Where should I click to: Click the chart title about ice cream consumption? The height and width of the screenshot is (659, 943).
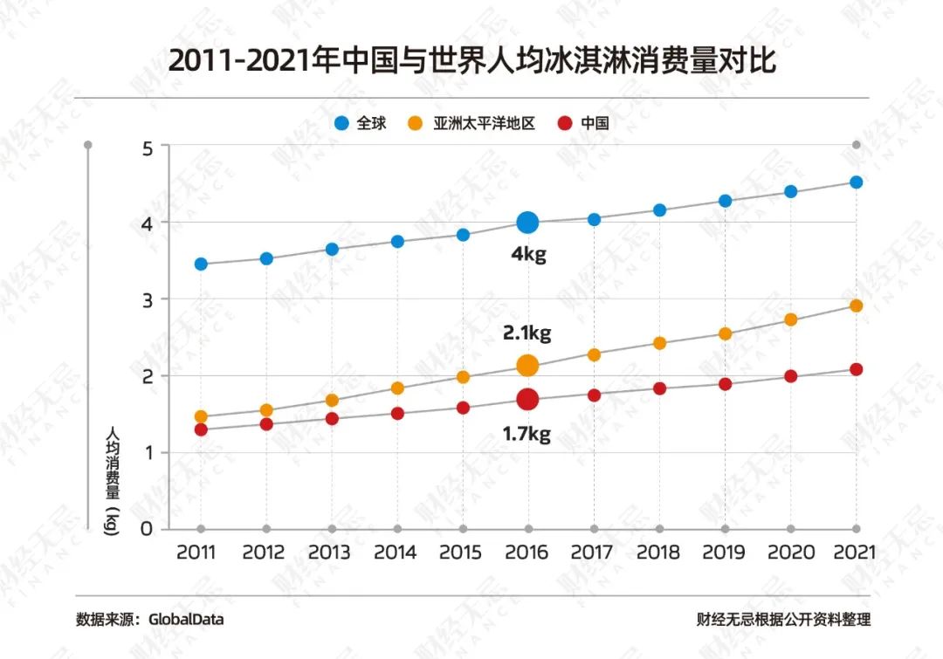(471, 63)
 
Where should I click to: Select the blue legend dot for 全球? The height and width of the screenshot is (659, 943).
(342, 124)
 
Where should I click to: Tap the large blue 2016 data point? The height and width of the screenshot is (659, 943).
(527, 223)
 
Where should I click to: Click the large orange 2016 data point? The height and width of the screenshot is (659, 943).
(527, 366)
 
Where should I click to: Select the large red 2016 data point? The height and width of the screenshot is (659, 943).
(527, 399)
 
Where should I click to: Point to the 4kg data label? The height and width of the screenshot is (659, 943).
(527, 257)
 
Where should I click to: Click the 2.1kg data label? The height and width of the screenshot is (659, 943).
(527, 333)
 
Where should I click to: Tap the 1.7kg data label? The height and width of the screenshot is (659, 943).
(527, 433)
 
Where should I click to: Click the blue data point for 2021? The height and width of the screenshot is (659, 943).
(857, 182)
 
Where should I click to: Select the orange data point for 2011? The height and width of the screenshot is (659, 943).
(201, 417)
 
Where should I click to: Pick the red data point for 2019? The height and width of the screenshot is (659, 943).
(725, 384)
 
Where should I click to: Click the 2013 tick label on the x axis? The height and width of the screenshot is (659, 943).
(329, 553)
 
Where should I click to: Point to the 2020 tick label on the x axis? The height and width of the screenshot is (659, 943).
(790, 553)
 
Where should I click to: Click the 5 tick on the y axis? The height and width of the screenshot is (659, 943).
(147, 148)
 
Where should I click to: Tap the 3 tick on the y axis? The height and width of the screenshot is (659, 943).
(147, 299)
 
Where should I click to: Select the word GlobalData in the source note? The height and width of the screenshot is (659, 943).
(186, 620)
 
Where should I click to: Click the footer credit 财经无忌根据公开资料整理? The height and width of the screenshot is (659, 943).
(783, 620)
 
